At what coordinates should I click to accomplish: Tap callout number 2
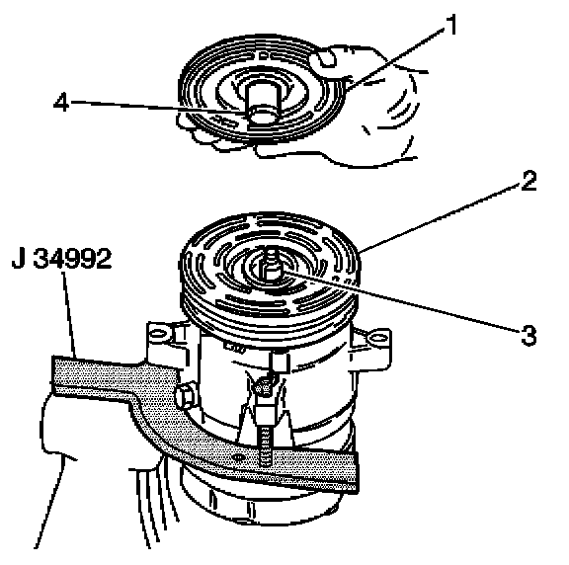click(x=528, y=181)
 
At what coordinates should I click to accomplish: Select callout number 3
click(x=528, y=335)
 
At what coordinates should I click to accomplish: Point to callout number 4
click(x=61, y=102)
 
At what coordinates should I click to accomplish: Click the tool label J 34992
click(x=61, y=259)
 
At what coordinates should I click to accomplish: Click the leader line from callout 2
click(x=441, y=217)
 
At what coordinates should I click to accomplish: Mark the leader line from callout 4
click(x=159, y=108)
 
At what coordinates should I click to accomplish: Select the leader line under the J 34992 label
click(x=69, y=315)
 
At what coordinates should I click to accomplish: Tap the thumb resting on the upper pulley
click(x=327, y=58)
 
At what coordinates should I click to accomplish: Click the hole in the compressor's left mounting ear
click(x=157, y=333)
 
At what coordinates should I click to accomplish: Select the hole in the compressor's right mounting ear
click(x=377, y=339)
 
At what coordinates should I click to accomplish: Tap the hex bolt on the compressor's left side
click(x=186, y=396)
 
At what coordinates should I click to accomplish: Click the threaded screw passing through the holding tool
click(x=266, y=445)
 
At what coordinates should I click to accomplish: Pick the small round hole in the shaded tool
click(x=238, y=457)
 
